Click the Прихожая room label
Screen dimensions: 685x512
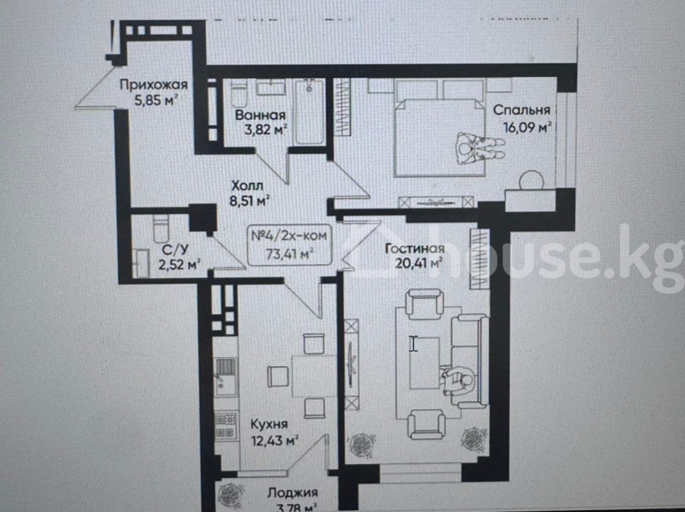(x=154, y=85)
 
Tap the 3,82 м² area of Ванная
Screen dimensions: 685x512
(x=265, y=129)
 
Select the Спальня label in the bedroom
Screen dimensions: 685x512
(x=522, y=110)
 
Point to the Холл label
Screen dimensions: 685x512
(x=247, y=186)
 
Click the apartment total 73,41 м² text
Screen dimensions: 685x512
(x=289, y=254)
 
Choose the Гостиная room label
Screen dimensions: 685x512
(x=415, y=249)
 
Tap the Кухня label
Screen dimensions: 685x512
(x=269, y=424)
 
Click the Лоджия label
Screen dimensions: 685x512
(x=292, y=493)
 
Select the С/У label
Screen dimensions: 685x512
(x=175, y=250)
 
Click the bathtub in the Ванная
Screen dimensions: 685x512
(x=309, y=111)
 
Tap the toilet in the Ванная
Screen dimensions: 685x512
(x=239, y=93)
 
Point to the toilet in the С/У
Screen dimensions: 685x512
(x=161, y=229)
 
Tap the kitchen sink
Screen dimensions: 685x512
(x=225, y=378)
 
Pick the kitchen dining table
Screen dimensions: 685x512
(x=314, y=376)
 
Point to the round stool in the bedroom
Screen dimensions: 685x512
(x=531, y=181)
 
